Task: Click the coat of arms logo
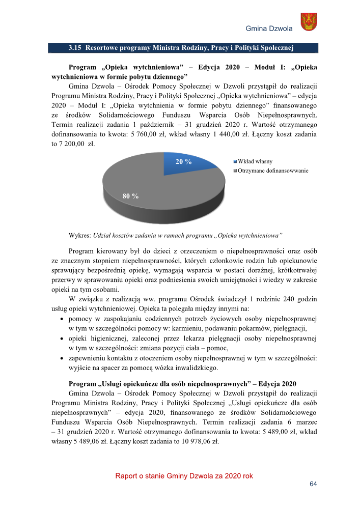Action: click(x=309, y=22)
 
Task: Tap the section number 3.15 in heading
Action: click(x=75, y=48)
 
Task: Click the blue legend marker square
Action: click(x=235, y=162)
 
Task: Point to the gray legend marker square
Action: click(x=235, y=171)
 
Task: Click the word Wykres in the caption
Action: click(x=79, y=236)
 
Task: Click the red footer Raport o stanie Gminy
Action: click(x=184, y=476)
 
